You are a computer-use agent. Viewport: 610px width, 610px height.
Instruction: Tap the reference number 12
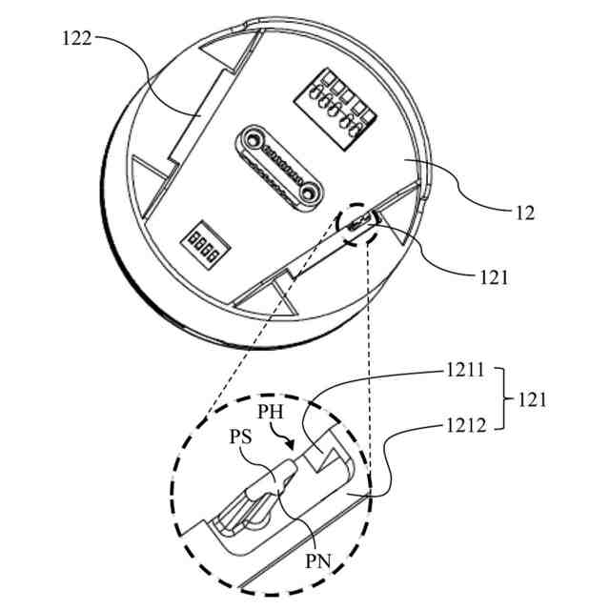pyautogui.click(x=523, y=213)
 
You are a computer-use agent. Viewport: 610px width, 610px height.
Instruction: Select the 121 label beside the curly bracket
pyautogui.click(x=532, y=400)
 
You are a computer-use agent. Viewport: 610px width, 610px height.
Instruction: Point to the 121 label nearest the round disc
pyautogui.click(x=494, y=279)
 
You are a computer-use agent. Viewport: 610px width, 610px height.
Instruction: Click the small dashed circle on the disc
pyautogui.click(x=358, y=227)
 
